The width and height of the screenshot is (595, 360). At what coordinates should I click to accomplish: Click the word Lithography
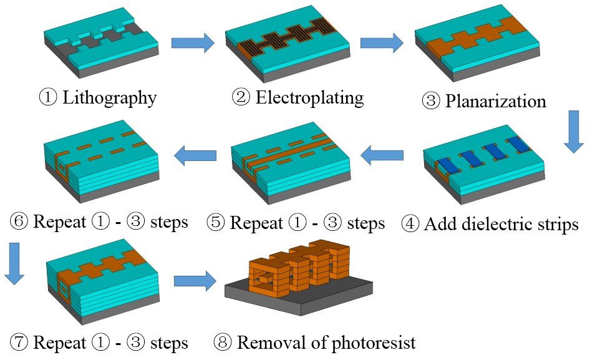click(110, 98)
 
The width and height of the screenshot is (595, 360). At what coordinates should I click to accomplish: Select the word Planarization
click(496, 101)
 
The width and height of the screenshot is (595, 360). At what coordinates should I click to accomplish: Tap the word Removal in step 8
click(273, 342)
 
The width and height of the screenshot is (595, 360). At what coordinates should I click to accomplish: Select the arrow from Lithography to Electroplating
click(193, 43)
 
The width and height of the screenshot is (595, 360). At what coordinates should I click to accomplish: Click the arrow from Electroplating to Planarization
click(382, 43)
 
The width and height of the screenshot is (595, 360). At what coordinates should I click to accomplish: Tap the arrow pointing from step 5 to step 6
click(196, 156)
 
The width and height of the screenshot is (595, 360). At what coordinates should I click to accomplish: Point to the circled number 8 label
click(223, 343)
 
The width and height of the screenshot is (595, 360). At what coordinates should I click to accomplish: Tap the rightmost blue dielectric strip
click(520, 145)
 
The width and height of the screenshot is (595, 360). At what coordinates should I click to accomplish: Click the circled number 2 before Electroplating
click(241, 99)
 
